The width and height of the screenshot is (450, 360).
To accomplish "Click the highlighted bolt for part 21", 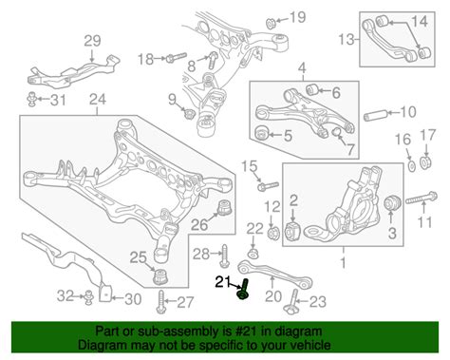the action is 243,290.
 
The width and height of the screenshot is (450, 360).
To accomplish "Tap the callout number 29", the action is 92,41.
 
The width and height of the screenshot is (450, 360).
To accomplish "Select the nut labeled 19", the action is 271,23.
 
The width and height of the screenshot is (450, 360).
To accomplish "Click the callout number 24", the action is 98,100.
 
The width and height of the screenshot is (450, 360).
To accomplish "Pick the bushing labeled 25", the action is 160,276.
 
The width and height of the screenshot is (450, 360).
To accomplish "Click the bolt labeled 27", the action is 161,303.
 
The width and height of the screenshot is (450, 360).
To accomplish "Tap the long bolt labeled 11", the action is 422,199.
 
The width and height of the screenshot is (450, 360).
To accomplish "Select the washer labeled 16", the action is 412,165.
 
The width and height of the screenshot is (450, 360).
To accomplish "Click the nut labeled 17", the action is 425,161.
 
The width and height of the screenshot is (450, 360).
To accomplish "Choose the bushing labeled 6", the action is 313,89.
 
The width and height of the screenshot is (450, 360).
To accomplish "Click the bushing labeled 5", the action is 261,133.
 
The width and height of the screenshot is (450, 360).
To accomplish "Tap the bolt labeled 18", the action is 177,58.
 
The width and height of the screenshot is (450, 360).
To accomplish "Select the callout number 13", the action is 347,40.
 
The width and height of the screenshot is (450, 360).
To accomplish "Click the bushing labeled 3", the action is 392,203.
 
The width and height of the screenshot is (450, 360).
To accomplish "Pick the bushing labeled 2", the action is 293,232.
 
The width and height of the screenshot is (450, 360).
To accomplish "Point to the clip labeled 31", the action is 31,99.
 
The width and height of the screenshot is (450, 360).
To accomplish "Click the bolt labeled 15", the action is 268,186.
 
